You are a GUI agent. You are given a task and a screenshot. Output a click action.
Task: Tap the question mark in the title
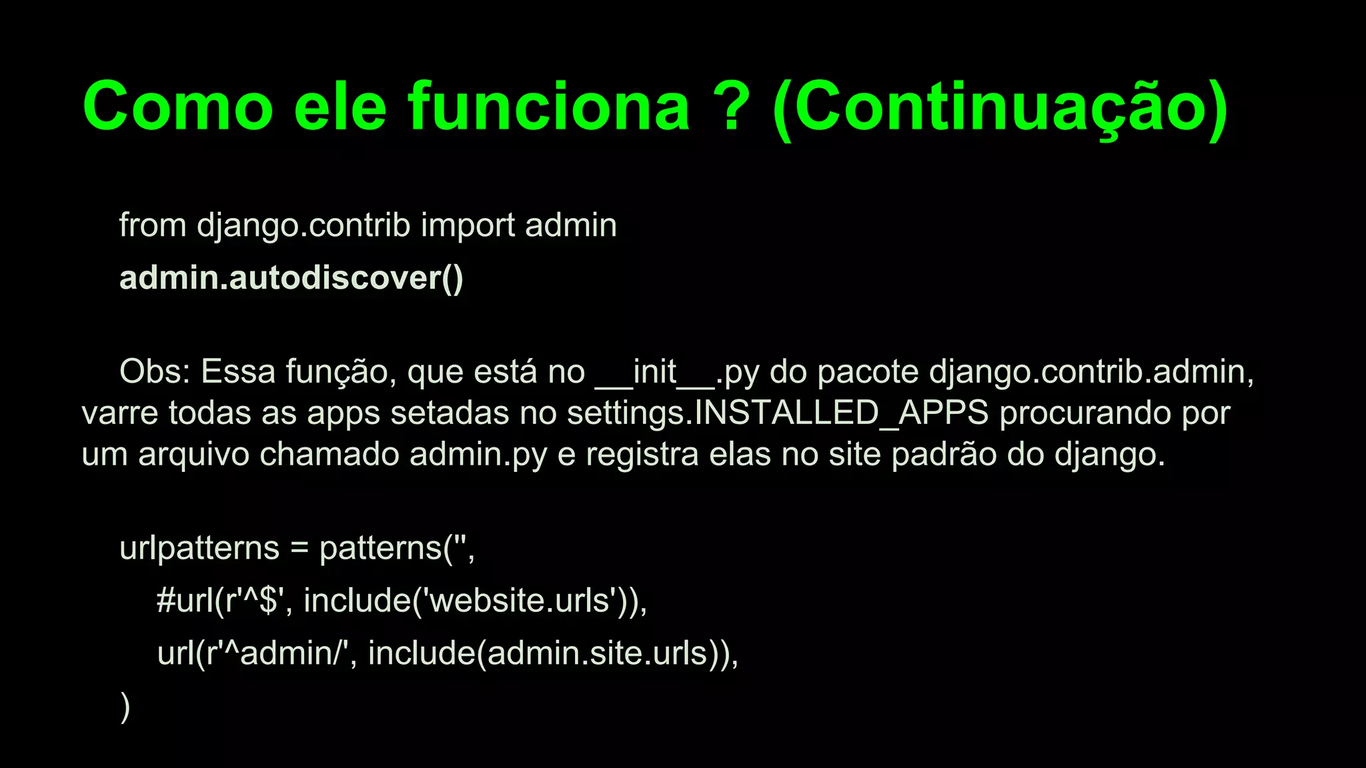point(731,107)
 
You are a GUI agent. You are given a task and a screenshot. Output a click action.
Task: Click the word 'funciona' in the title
point(549,107)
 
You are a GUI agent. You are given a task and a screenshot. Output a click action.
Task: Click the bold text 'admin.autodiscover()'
point(291,278)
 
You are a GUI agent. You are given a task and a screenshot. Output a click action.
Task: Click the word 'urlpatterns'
point(199,549)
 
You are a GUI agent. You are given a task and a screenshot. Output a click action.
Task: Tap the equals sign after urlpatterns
point(299,549)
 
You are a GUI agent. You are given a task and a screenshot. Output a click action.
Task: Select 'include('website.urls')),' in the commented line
point(475,601)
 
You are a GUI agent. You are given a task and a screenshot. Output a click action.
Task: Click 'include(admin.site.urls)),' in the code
point(553,653)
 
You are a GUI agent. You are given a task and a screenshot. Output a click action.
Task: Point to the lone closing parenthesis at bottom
point(125,707)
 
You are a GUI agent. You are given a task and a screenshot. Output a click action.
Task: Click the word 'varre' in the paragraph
point(119,413)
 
